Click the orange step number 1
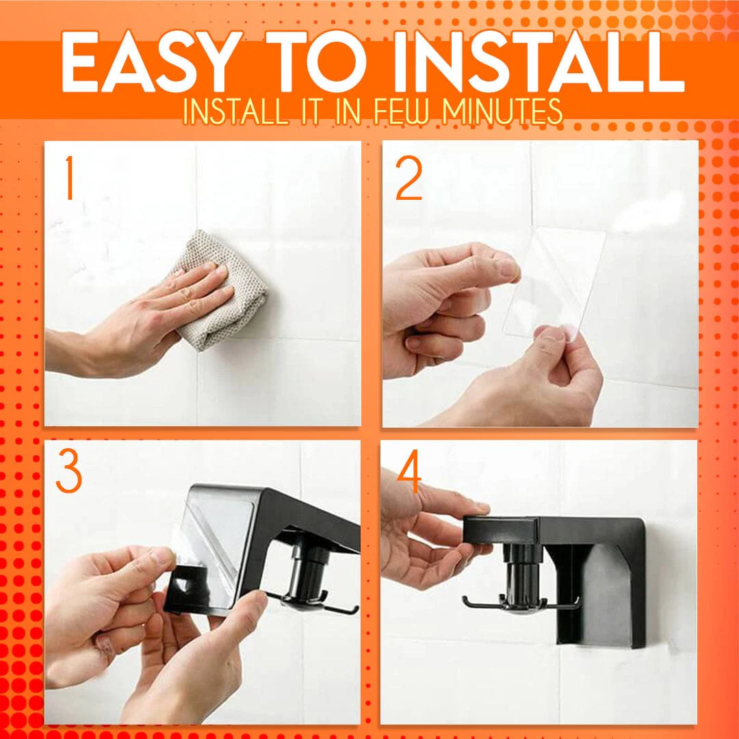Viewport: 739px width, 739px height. (x=68, y=179)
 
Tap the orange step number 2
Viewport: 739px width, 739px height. (x=409, y=179)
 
